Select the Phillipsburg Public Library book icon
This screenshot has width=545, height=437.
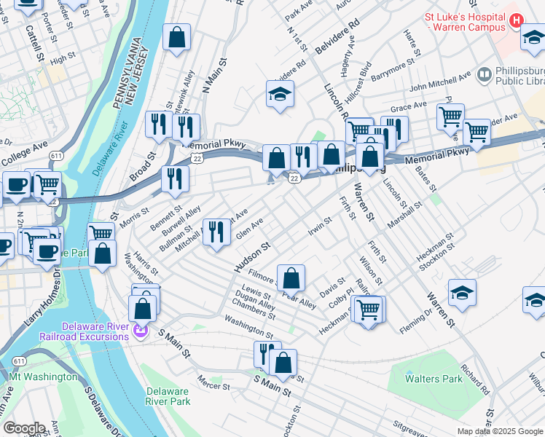coord(484,75)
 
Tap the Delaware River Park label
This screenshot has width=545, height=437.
coord(168,396)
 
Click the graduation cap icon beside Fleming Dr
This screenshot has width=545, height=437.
coord(462,294)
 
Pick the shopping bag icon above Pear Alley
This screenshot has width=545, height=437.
coord(291,278)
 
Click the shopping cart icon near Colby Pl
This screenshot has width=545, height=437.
coord(368,310)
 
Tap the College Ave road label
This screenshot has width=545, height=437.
coord(20,156)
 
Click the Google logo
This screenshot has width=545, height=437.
coord(24,428)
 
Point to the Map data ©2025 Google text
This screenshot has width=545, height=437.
coord(499,431)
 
